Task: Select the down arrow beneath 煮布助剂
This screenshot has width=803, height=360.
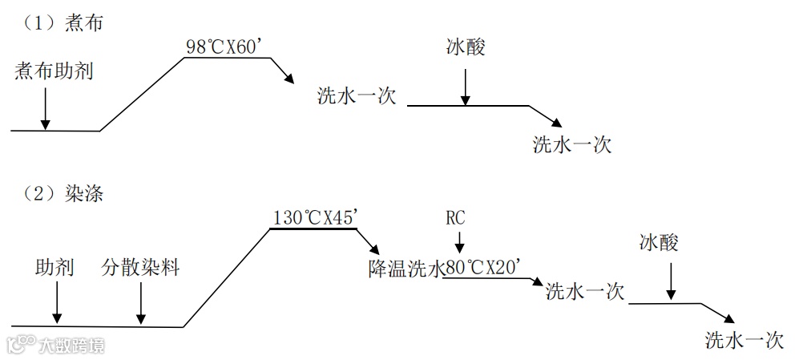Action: pos(45,107)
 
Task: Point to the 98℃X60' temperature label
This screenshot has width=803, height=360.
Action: pos(224,47)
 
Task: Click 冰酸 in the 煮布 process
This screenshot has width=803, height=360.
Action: pos(466,48)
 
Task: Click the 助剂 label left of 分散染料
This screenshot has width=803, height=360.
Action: pos(55,267)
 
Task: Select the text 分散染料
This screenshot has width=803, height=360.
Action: pos(140,267)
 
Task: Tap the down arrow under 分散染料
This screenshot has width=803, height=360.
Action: pos(140,305)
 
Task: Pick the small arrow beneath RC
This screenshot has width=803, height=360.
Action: pos(458,241)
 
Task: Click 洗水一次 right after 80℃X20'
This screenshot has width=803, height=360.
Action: pos(584,291)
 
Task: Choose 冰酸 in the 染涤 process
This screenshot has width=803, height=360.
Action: pos(659,243)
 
